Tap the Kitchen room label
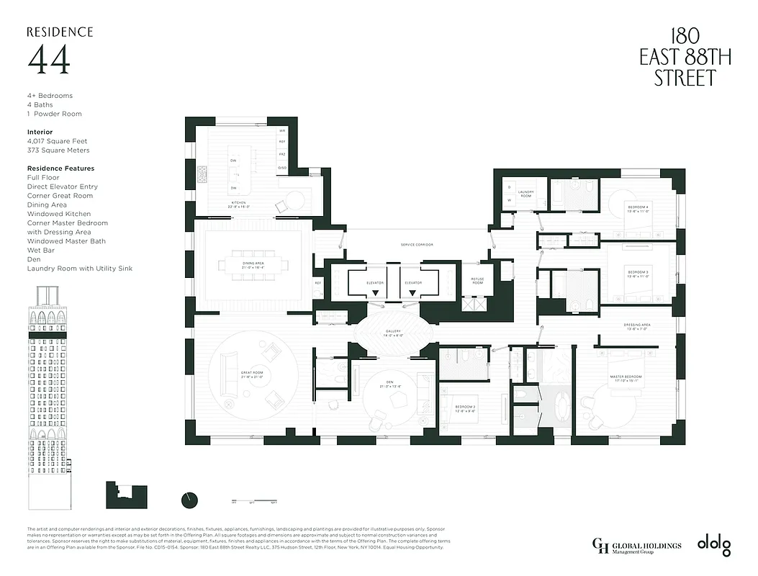tap(238, 204)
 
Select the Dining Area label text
tap(253, 264)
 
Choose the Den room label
tap(392, 385)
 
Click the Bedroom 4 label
tap(637, 210)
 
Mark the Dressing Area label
tap(637, 326)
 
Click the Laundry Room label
tap(525, 193)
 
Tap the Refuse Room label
tap(477, 281)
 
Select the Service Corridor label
tap(417, 245)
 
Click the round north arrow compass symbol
tap(190, 500)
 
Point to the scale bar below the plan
tap(254, 500)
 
